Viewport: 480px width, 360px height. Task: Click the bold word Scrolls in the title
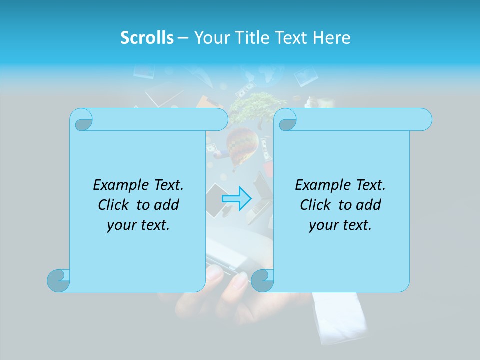(147, 38)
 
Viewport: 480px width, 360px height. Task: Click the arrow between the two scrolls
(236, 198)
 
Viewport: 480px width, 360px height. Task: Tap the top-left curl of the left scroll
(82, 120)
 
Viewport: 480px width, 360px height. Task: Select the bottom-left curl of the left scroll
(59, 280)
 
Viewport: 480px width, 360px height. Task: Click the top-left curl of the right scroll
(286, 120)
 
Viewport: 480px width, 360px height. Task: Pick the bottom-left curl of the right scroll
(262, 280)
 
